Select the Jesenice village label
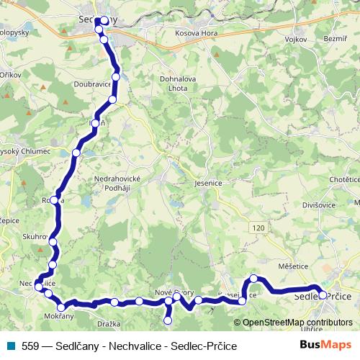[x=207, y=184]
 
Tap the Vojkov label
[x=296, y=39]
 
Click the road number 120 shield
[x=258, y=228]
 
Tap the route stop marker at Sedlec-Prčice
[x=323, y=294]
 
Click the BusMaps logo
[x=325, y=345]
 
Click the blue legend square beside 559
[x=10, y=346]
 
